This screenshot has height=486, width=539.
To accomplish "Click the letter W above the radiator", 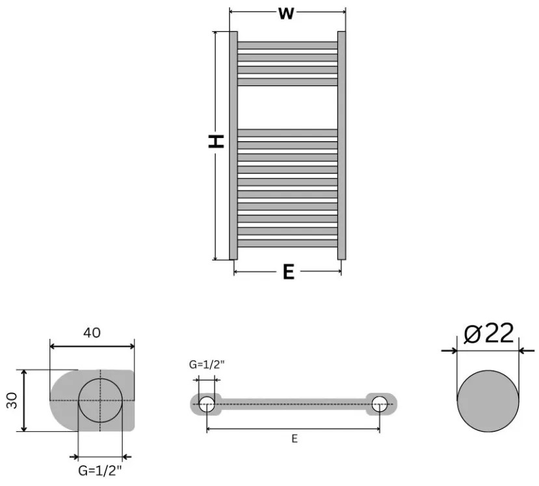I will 286,14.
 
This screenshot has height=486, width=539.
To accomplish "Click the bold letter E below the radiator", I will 288,272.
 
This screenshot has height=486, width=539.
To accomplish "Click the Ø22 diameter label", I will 490,333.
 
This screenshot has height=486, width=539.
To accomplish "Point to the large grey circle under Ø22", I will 489,401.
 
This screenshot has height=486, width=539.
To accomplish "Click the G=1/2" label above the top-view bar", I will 207,365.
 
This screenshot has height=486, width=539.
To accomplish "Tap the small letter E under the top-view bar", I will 294,439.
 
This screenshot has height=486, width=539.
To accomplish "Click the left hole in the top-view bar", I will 207,404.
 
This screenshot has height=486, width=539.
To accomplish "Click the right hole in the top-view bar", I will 379,404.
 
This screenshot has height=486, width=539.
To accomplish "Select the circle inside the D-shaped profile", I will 100,400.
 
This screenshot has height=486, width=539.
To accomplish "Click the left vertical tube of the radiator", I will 233,146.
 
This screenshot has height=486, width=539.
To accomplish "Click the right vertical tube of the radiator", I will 341,146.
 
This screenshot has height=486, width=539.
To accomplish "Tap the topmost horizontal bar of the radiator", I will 287,45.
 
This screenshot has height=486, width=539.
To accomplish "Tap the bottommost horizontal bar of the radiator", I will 287,244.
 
